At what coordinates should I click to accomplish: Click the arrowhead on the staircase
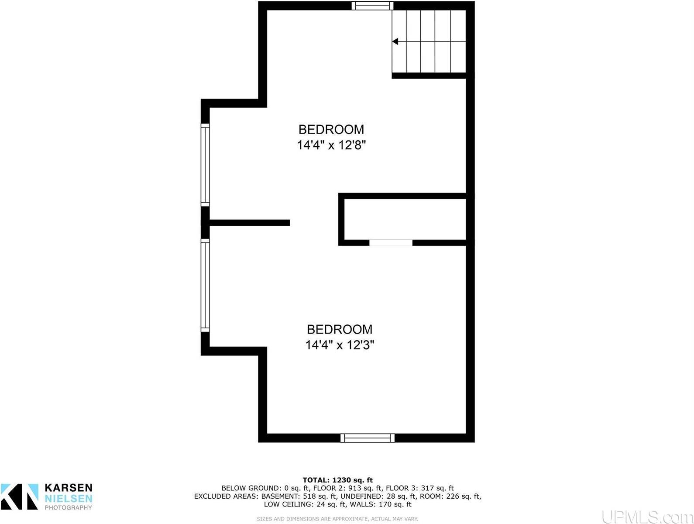[395, 42]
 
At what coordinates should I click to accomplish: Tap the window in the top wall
[373, 6]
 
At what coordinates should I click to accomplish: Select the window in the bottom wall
[368, 438]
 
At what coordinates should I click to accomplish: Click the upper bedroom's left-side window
[205, 165]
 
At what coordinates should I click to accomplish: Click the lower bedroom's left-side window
[205, 285]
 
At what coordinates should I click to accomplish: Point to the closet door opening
[391, 243]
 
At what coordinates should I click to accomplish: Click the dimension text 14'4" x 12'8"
[331, 145]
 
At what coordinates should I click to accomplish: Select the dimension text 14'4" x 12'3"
[340, 345]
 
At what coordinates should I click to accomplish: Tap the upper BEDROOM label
[331, 129]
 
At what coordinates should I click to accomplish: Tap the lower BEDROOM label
[340, 329]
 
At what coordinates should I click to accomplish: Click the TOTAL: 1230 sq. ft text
[337, 480]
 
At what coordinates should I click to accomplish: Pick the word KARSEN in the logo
[69, 488]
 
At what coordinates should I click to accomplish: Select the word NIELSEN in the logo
[69, 498]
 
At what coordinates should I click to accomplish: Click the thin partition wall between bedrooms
[249, 223]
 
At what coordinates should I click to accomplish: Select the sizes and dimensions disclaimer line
[337, 519]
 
